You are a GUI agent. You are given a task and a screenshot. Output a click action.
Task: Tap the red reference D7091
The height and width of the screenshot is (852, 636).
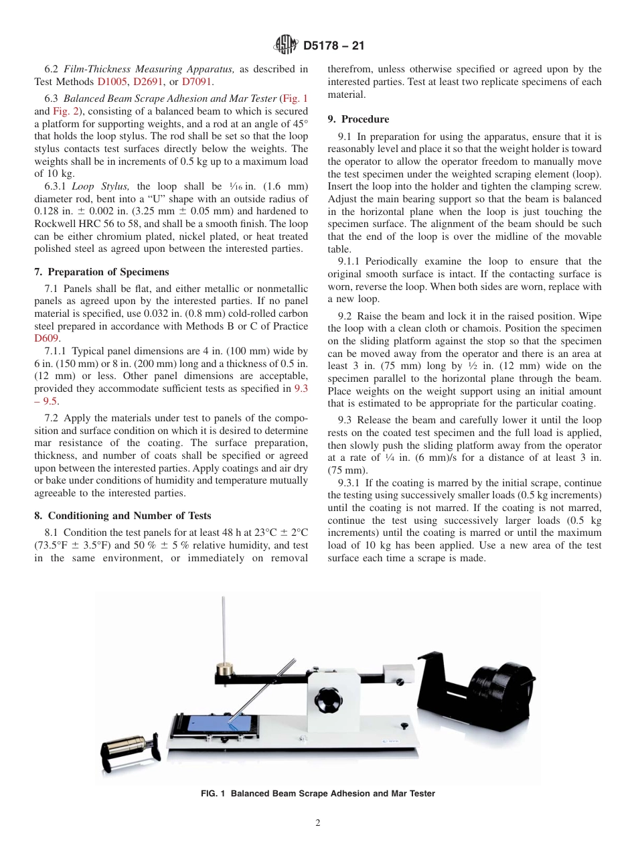(x=197, y=81)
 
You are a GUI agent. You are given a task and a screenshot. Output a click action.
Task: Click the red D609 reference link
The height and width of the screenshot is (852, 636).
(x=46, y=338)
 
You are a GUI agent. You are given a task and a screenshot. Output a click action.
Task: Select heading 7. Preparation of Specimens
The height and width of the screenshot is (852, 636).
(x=102, y=272)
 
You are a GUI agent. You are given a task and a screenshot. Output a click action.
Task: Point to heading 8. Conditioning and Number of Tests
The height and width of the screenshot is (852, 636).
(x=123, y=515)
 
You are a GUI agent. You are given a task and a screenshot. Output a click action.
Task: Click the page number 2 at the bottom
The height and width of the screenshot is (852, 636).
(x=318, y=823)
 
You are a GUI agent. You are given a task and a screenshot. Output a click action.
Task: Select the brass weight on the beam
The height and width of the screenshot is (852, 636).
(x=224, y=669)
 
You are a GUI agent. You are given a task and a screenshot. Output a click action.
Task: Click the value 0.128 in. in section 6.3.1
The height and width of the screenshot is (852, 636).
(x=54, y=211)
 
